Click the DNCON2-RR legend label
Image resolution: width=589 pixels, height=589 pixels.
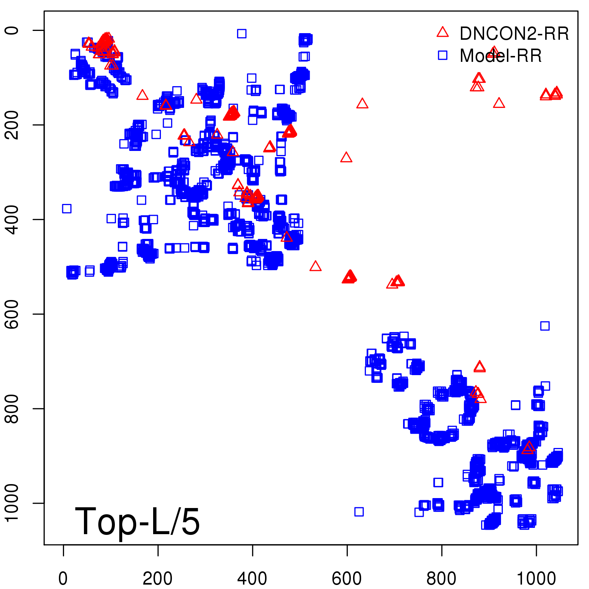514,34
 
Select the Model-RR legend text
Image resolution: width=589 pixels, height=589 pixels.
501,56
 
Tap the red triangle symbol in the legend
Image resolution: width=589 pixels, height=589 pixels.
442,32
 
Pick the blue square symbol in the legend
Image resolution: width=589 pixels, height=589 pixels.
442,55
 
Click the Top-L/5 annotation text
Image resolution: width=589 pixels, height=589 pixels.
137,521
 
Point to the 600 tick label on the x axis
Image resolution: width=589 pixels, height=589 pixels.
347,579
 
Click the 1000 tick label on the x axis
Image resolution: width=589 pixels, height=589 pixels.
536,579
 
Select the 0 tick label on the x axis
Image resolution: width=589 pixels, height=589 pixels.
63,579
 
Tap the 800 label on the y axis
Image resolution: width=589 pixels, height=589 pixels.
12,409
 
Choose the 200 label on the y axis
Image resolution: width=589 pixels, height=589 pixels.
12,125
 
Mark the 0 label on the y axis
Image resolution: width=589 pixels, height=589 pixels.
12,30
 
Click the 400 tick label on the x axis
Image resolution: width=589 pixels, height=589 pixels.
252,579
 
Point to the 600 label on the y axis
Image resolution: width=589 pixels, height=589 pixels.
12,314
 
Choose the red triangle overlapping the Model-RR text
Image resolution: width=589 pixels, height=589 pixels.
494,52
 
